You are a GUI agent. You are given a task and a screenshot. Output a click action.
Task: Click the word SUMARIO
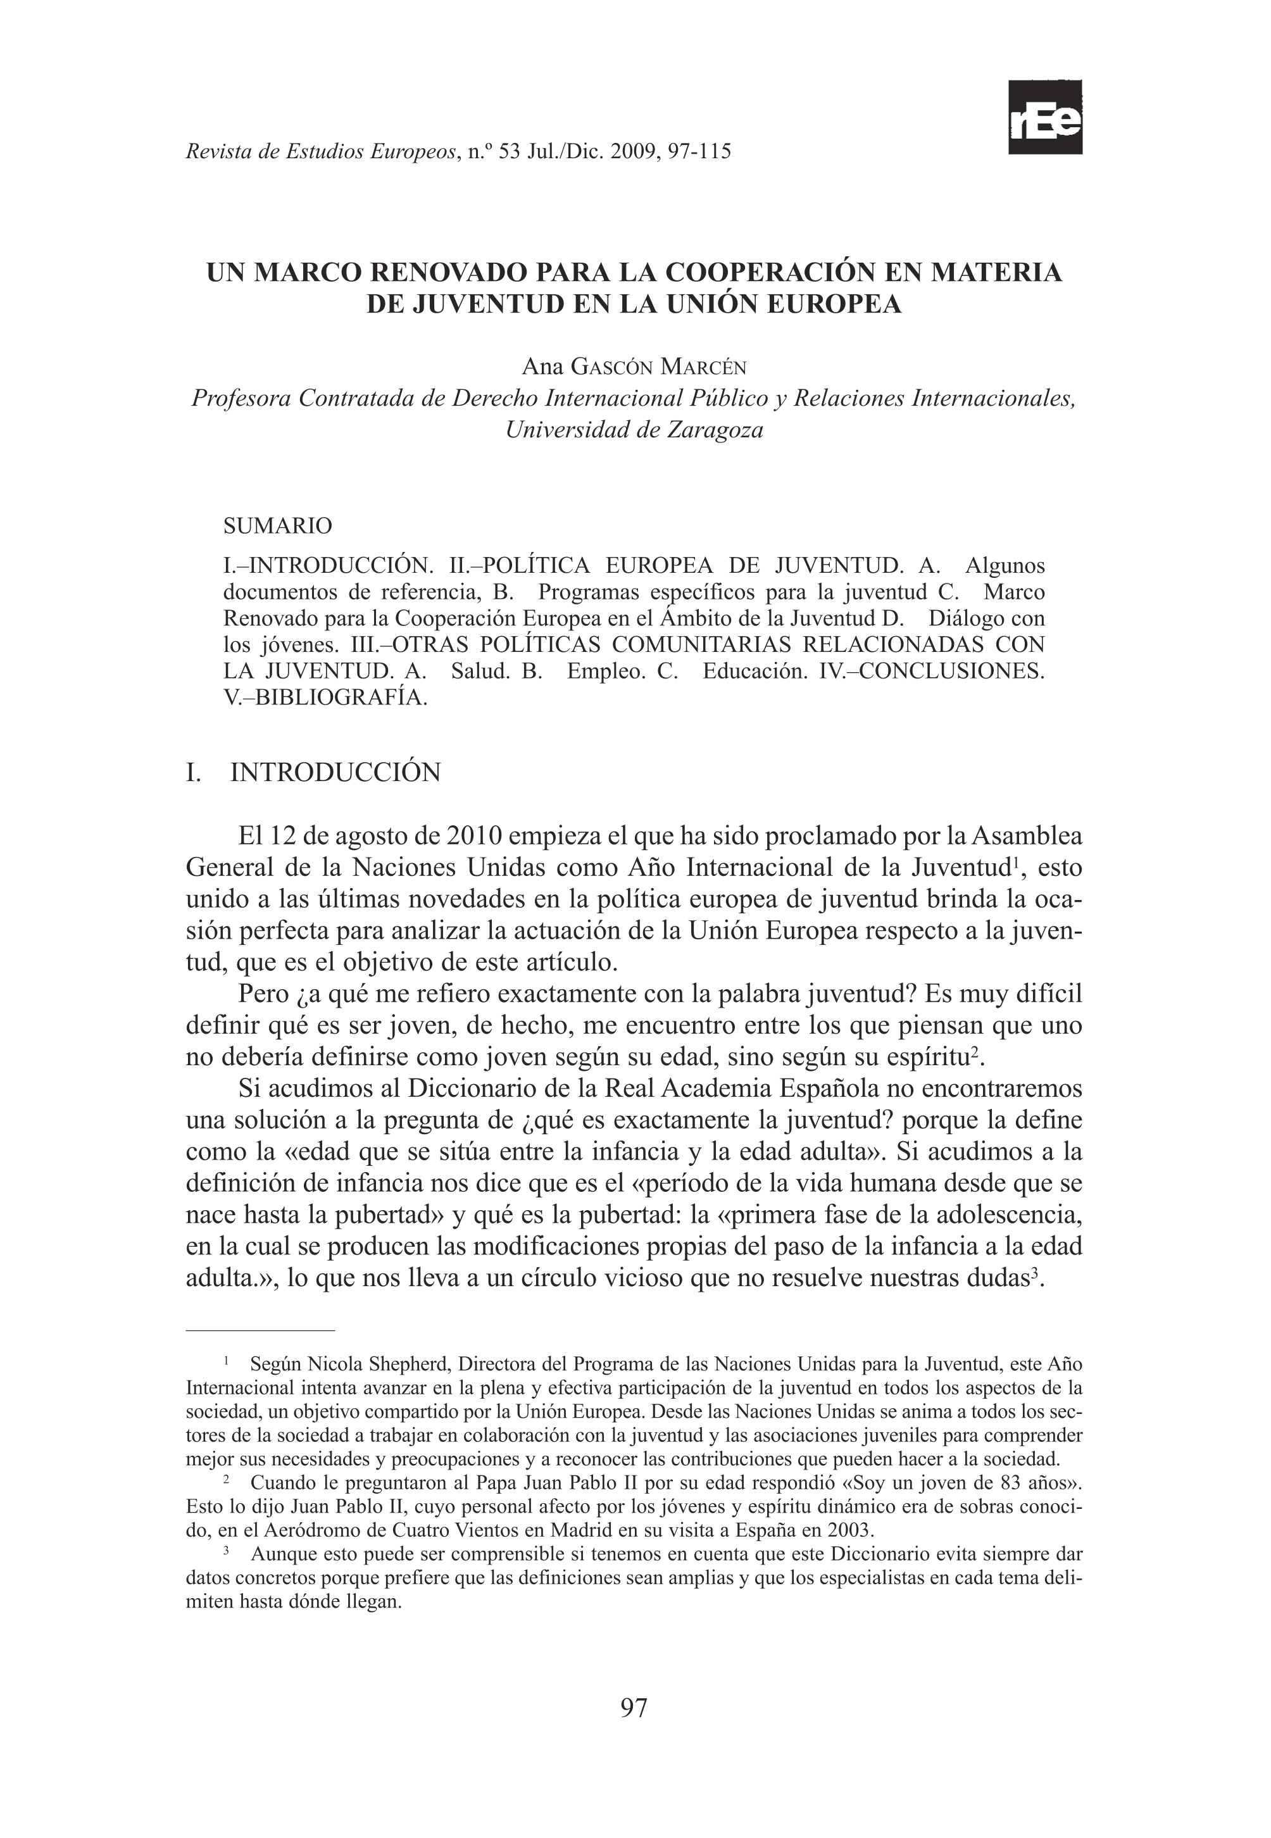pyautogui.click(x=278, y=525)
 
